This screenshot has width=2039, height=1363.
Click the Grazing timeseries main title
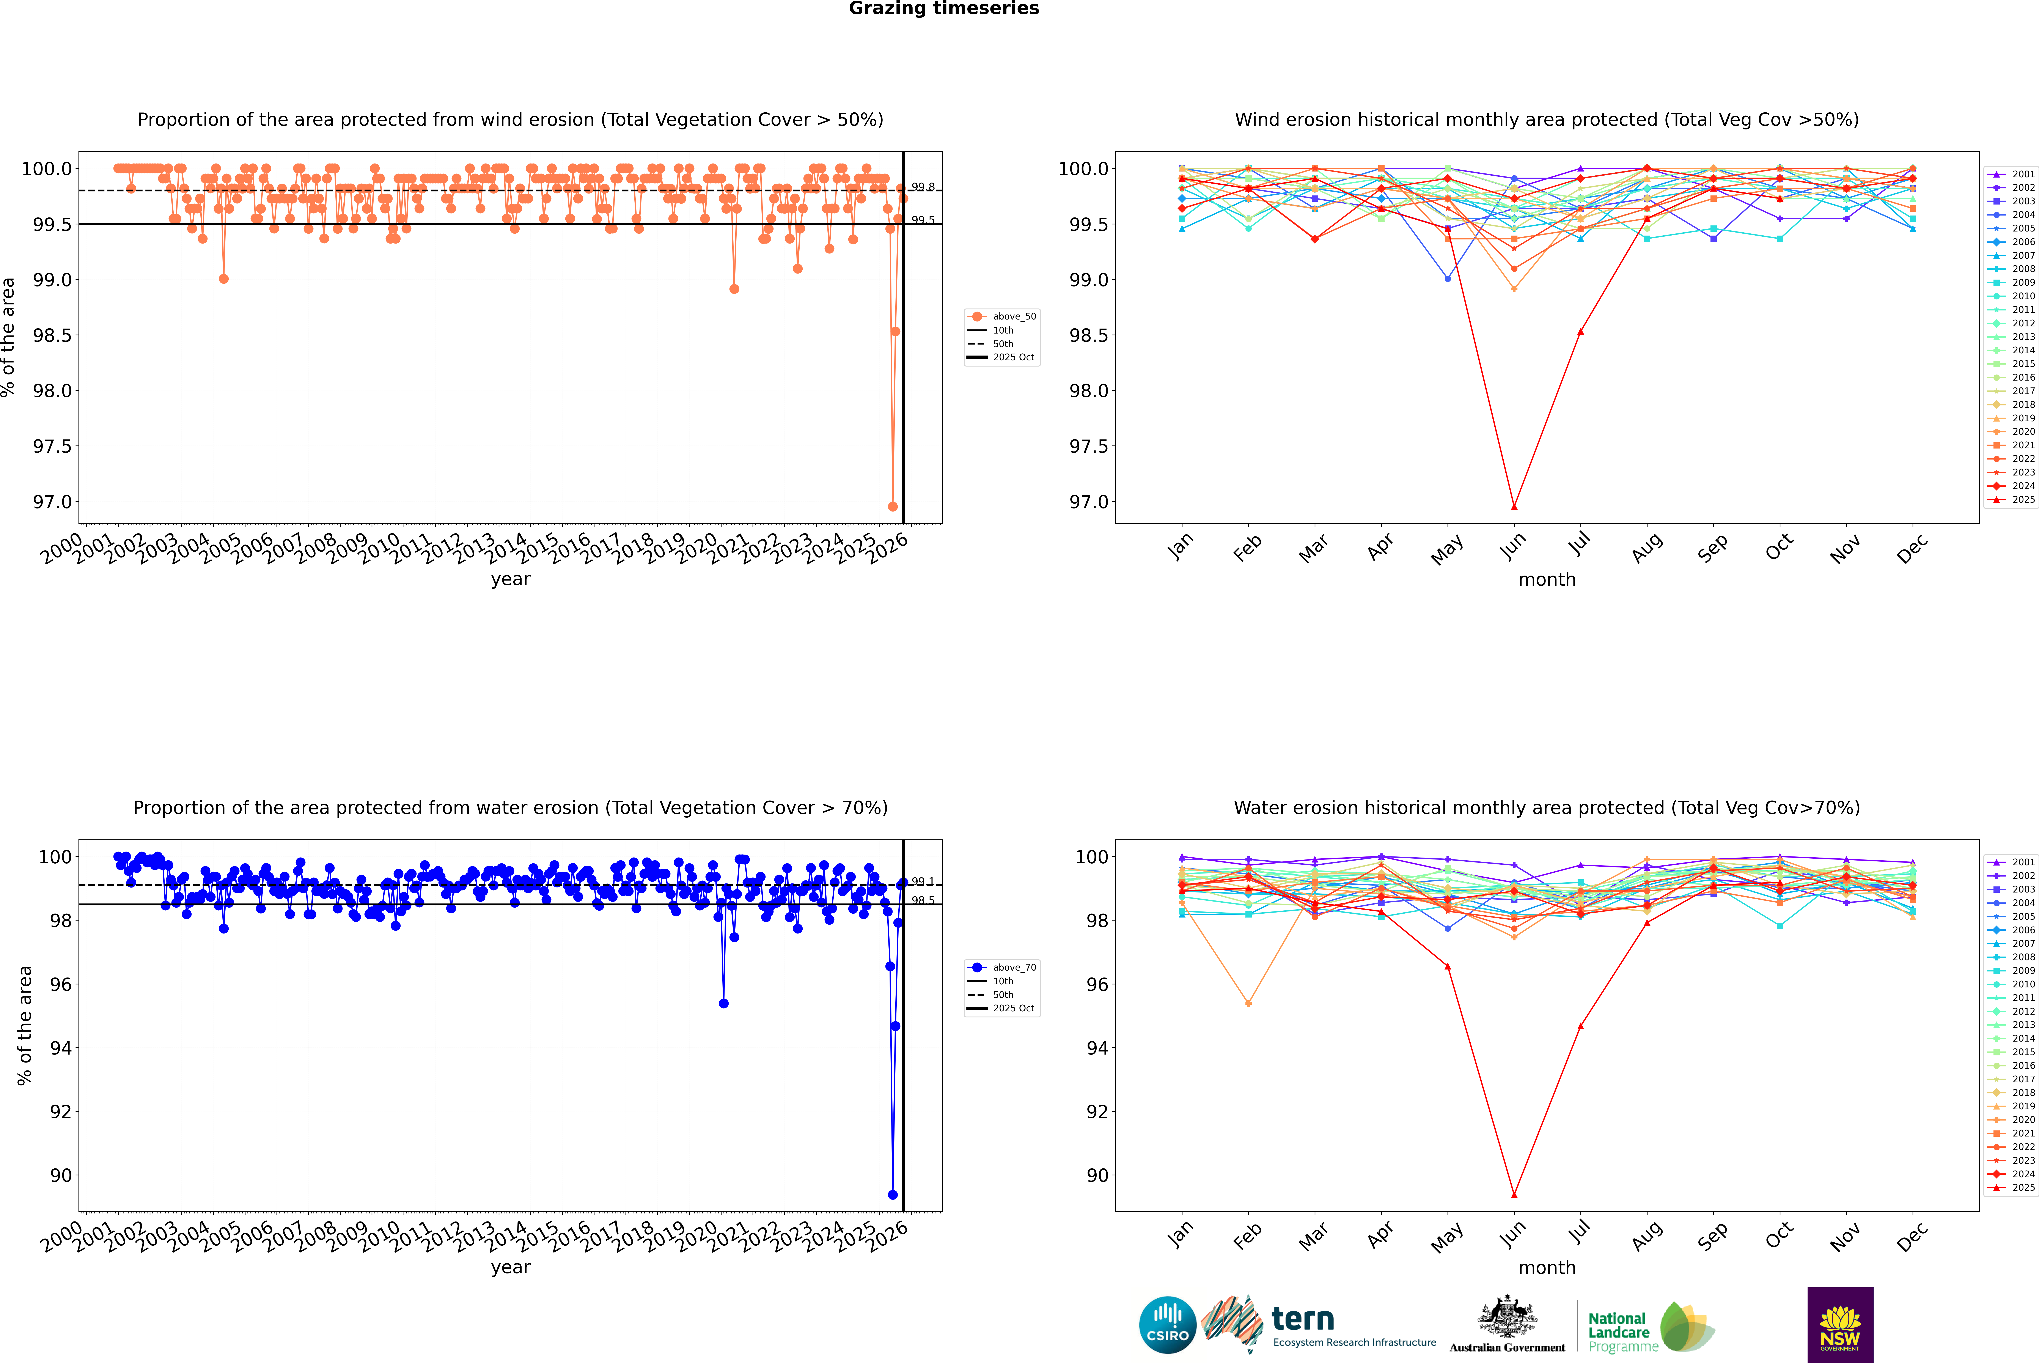pos(944,9)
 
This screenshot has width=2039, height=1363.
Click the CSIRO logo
pos(1167,1325)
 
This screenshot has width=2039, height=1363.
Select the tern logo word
pos(1302,1319)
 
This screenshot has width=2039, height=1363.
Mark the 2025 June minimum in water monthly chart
pos(1514,1194)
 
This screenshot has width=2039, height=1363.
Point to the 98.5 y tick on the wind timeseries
pos(52,335)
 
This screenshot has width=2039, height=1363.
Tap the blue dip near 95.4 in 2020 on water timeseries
pos(723,1003)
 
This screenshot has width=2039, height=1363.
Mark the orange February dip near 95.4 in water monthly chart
pos(1248,1003)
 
